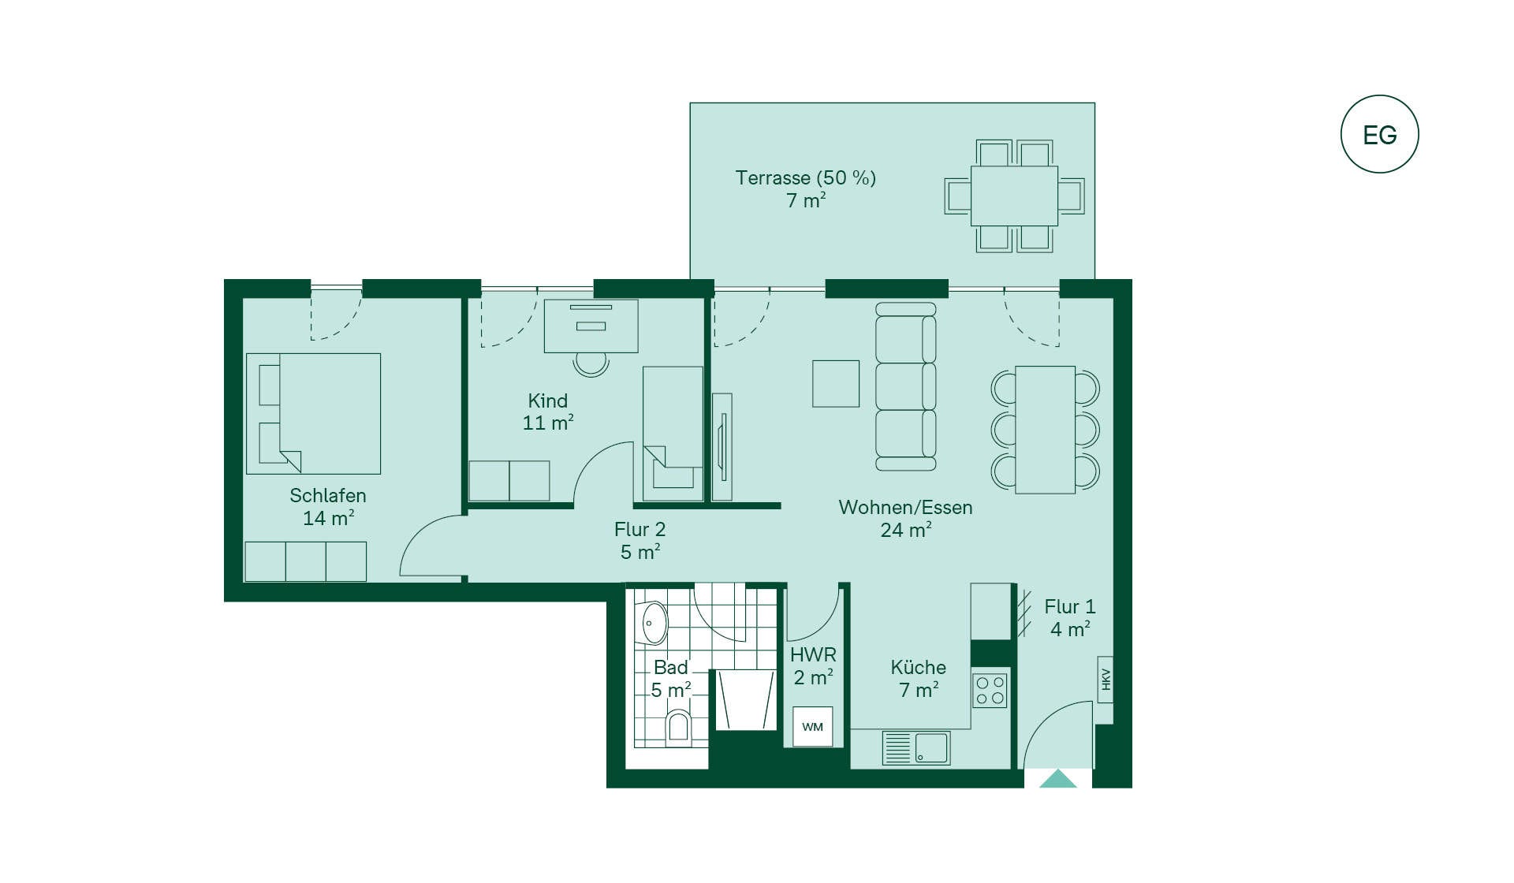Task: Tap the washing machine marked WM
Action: [x=812, y=726]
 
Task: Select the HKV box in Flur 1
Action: [x=1106, y=679]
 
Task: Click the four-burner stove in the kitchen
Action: [x=990, y=690]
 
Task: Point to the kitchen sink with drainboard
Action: [x=916, y=747]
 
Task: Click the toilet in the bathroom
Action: [x=678, y=725]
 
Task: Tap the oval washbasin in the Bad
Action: [x=654, y=624]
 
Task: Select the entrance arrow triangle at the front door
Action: [x=1057, y=779]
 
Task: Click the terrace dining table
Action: [x=1014, y=196]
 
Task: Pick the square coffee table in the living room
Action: [x=836, y=384]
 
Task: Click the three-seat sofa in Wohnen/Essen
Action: [x=906, y=386]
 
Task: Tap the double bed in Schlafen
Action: [x=313, y=413]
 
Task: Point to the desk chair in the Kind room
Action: [x=591, y=363]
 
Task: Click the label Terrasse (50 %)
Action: [x=805, y=178]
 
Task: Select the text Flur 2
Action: [x=640, y=529]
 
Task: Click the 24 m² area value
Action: [x=906, y=530]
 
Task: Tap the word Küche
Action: [x=918, y=667]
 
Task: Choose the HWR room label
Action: [x=813, y=654]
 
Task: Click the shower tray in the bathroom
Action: [x=745, y=700]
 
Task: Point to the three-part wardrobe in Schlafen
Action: [x=305, y=561]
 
